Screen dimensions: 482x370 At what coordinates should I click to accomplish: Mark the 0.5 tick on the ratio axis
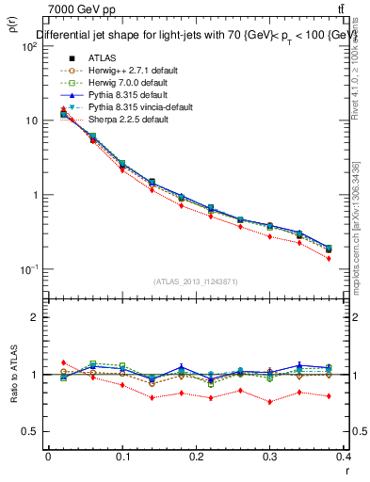(34, 431)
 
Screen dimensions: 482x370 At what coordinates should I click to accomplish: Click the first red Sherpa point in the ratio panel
(63, 362)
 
